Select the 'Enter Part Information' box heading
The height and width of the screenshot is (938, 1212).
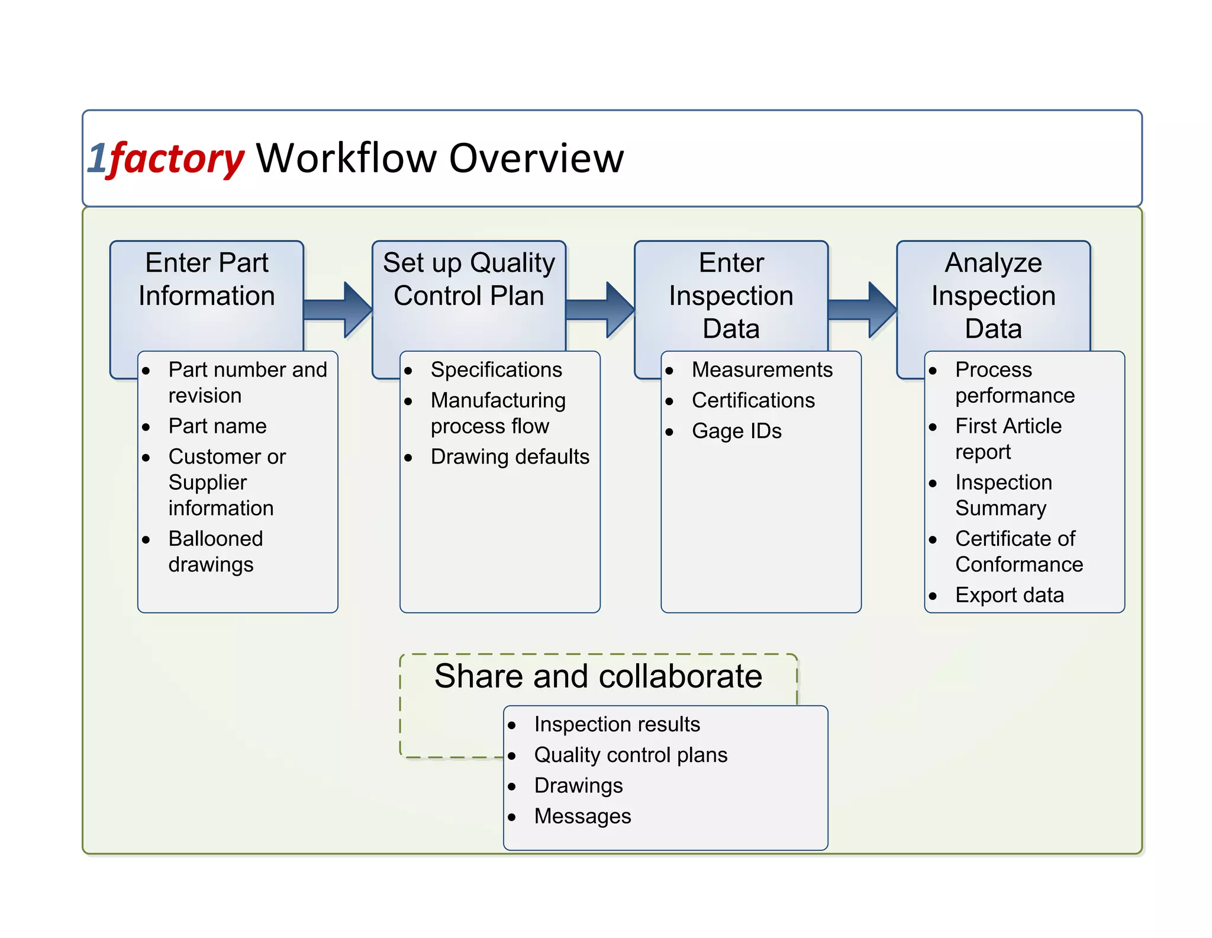(207, 279)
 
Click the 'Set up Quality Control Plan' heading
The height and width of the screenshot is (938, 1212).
(469, 279)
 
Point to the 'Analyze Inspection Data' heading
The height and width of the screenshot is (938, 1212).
(993, 295)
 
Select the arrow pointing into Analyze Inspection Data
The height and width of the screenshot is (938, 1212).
(863, 310)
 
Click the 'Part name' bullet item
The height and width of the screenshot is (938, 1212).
(217, 426)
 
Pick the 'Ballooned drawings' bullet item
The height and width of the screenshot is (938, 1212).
(215, 551)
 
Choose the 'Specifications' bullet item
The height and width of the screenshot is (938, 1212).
(496, 370)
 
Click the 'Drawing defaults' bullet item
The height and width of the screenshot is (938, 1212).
(510, 457)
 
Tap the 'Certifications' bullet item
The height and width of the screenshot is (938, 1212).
(753, 400)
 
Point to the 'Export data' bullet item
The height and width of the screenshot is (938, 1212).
(1009, 595)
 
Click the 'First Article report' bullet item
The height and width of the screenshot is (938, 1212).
(1008, 438)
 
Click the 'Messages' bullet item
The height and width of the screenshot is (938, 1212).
(582, 816)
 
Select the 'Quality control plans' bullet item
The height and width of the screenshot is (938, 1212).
(630, 755)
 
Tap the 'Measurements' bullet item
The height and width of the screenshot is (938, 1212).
(762, 370)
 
